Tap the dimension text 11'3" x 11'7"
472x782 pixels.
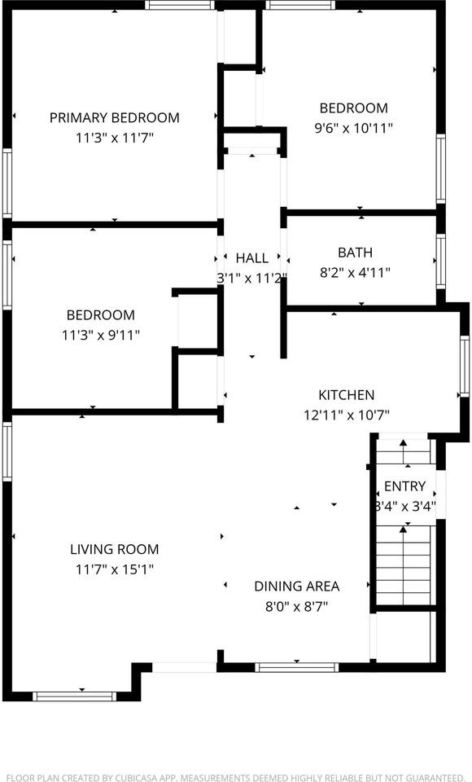(x=114, y=138)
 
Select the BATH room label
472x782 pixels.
(x=355, y=253)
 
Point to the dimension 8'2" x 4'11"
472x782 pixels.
(x=355, y=273)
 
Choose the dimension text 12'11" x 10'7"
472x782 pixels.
(x=346, y=415)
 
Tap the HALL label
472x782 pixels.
(x=251, y=258)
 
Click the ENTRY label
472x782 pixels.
(x=404, y=486)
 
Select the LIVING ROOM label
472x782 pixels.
(x=114, y=549)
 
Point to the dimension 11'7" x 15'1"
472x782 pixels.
(x=114, y=569)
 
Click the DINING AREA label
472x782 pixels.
(x=296, y=586)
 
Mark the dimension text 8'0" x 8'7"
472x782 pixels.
(x=296, y=606)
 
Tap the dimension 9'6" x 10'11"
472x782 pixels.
(x=353, y=129)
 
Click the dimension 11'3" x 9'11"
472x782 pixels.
(x=101, y=335)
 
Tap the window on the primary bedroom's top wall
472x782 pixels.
(x=181, y=5)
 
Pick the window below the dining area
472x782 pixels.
(x=297, y=667)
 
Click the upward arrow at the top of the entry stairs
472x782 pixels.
(x=403, y=442)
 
